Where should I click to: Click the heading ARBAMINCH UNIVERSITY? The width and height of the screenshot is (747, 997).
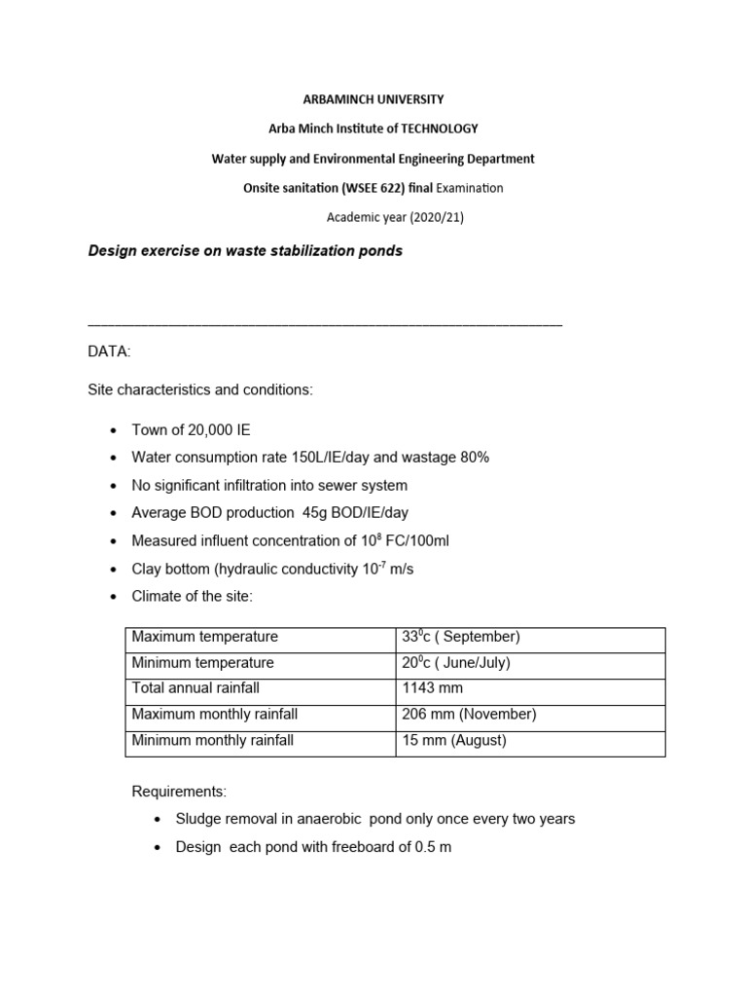[x=373, y=99]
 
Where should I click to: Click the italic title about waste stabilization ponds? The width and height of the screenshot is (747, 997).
[x=245, y=251]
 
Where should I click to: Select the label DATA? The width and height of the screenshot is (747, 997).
[x=109, y=351]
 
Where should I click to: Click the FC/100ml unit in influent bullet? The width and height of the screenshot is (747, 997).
[x=414, y=541]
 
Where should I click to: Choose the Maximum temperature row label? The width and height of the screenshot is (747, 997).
[x=205, y=637]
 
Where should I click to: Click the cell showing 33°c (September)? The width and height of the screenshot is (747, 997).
[x=461, y=637]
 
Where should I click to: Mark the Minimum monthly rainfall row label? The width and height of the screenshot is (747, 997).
[x=212, y=740]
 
